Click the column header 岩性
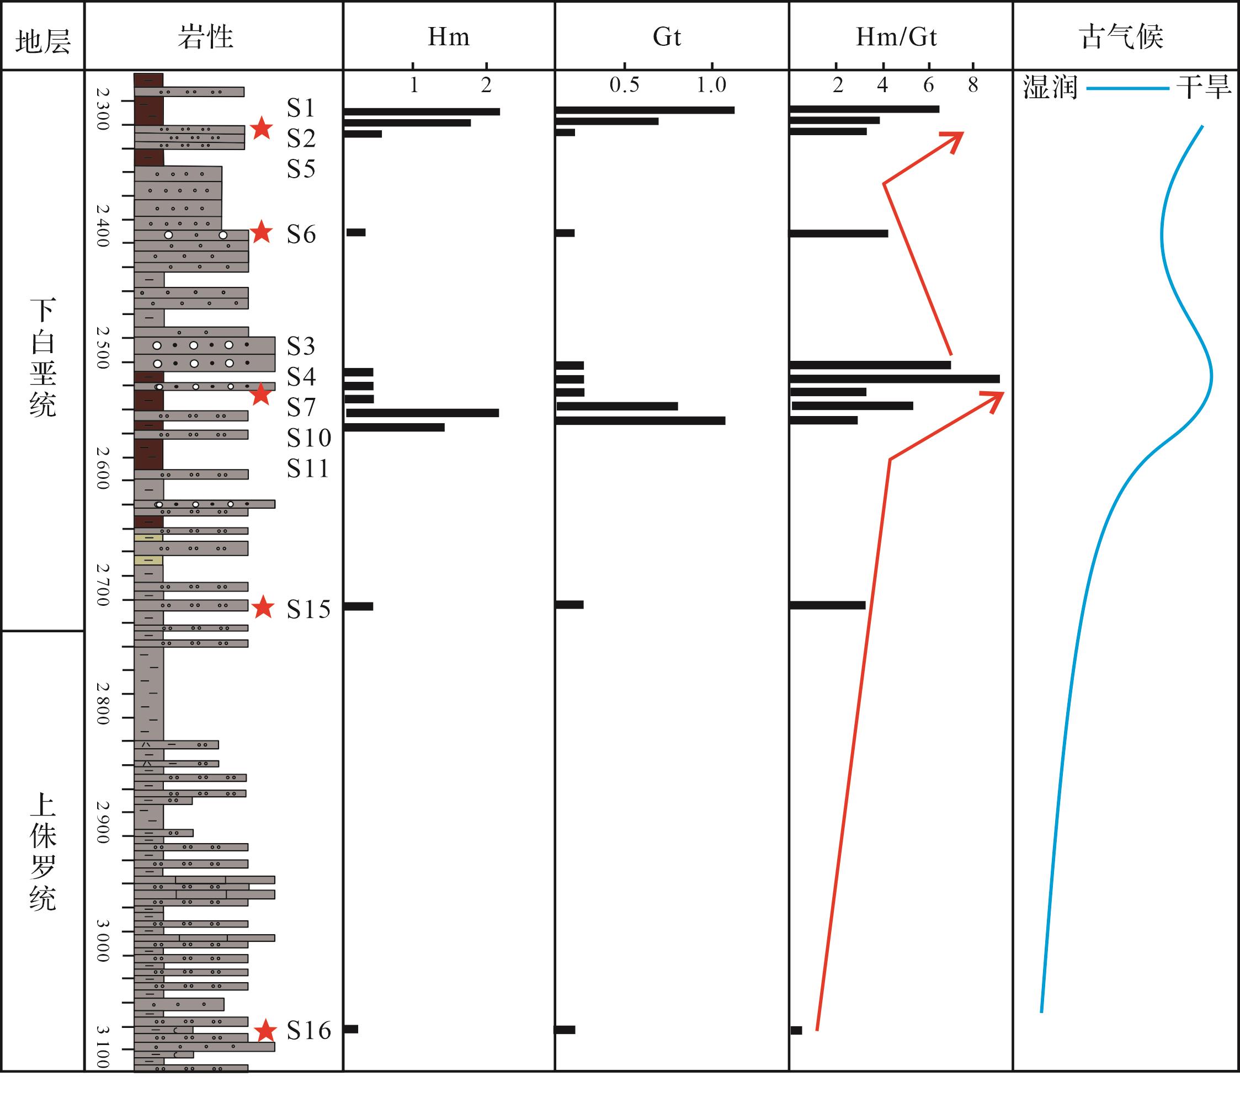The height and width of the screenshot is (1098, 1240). pyautogui.click(x=206, y=38)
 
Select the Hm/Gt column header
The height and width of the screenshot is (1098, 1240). pyautogui.click(x=896, y=38)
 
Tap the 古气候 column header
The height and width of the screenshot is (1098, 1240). pyautogui.click(x=1121, y=38)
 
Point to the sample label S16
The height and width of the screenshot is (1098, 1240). pyautogui.click(x=309, y=1030)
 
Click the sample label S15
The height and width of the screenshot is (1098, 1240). pyautogui.click(x=309, y=609)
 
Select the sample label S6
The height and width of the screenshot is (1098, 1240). pyautogui.click(x=301, y=234)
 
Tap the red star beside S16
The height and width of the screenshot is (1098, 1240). pyautogui.click(x=265, y=1031)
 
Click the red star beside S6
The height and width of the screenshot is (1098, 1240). pyautogui.click(x=262, y=232)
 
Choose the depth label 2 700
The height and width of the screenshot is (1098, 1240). pyautogui.click(x=103, y=585)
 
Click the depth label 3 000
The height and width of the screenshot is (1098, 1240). pyautogui.click(x=103, y=940)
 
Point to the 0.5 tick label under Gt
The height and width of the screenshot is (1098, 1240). pyautogui.click(x=624, y=86)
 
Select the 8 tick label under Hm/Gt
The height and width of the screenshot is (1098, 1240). pyautogui.click(x=973, y=86)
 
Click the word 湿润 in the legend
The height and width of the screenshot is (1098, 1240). pyautogui.click(x=1050, y=88)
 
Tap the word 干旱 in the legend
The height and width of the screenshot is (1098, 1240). pyautogui.click(x=1204, y=88)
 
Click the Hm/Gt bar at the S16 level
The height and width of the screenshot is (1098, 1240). pyautogui.click(x=796, y=1030)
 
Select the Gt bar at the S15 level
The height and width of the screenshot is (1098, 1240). pyautogui.click(x=570, y=605)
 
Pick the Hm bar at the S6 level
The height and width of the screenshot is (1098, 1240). pyautogui.click(x=356, y=232)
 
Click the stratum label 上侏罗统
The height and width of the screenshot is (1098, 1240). pyautogui.click(x=42, y=852)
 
